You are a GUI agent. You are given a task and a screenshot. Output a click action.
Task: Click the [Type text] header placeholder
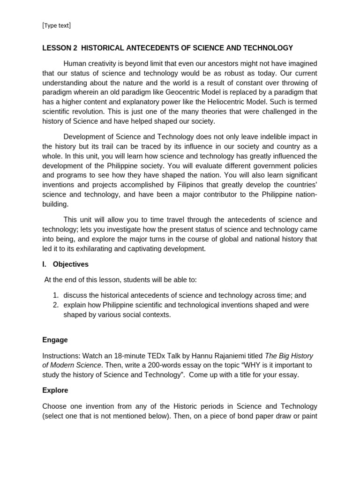point(56,25)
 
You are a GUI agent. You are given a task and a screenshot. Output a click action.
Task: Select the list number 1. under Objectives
point(55,295)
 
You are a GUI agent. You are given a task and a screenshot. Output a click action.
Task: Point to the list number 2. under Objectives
point(55,305)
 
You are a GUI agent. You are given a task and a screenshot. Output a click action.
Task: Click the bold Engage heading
point(55,340)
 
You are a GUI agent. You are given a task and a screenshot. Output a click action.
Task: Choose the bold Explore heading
point(55,390)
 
